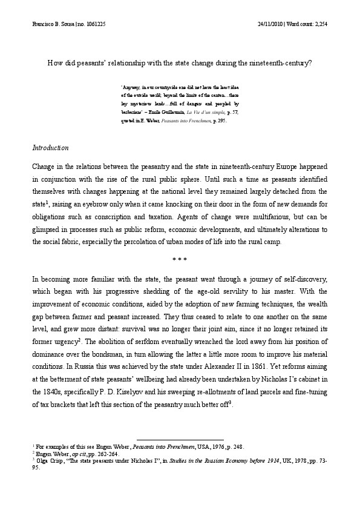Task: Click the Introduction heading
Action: pyautogui.click(x=50, y=148)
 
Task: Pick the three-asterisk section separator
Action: pyautogui.click(x=180, y=260)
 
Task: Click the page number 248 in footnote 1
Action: pyautogui.click(x=237, y=447)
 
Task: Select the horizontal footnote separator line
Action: pyautogui.click(x=180, y=440)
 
